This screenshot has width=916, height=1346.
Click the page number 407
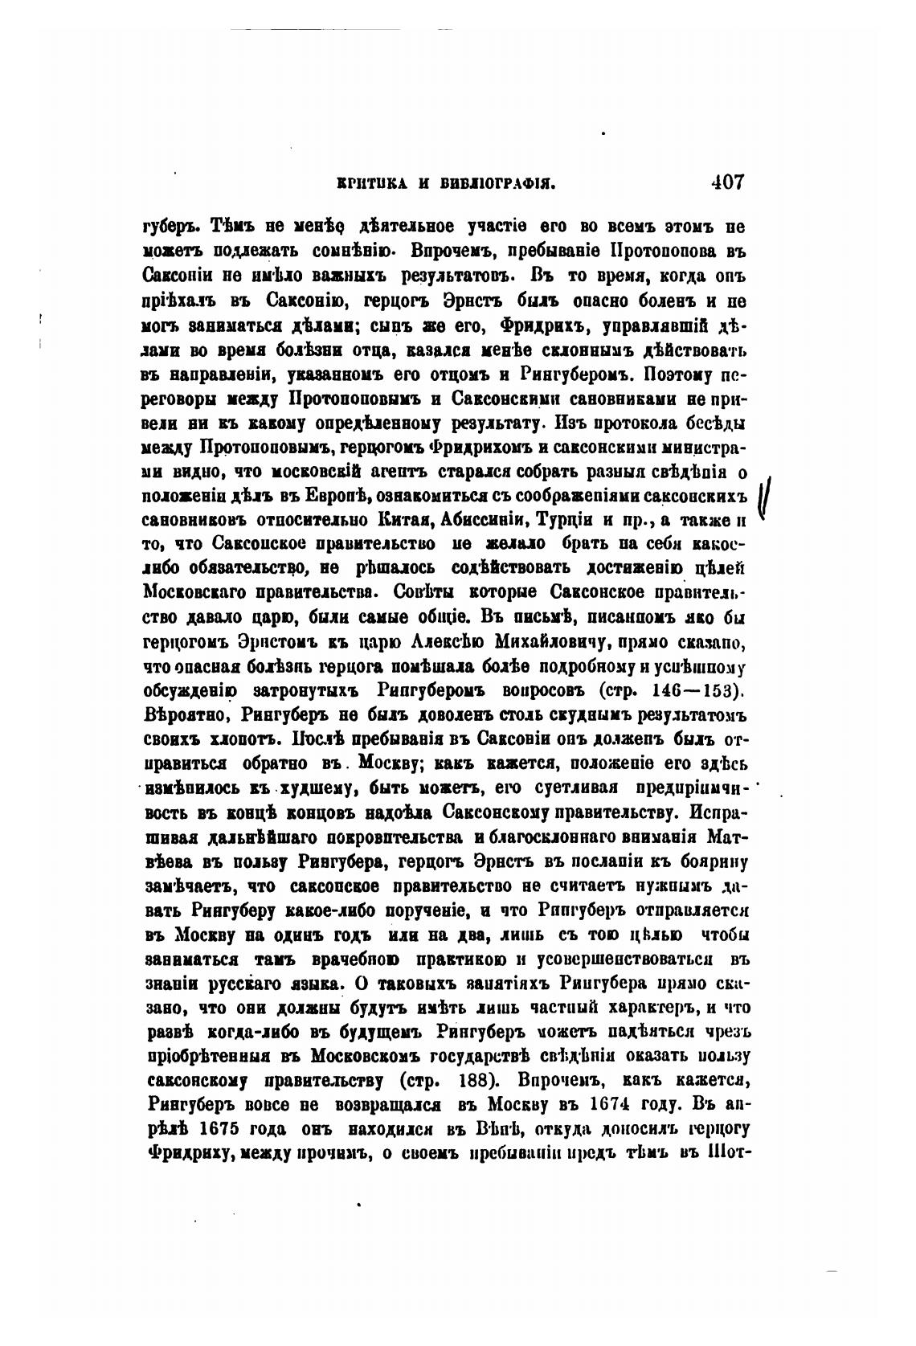pos(727,182)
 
